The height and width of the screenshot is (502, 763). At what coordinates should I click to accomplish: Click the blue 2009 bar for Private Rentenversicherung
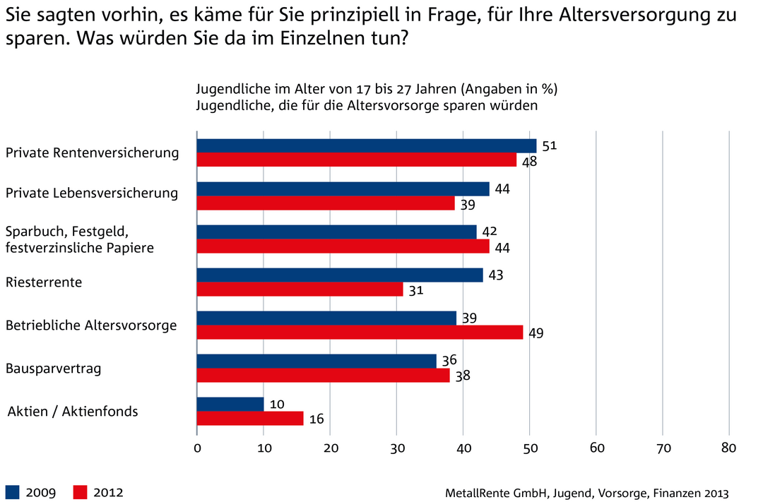366,146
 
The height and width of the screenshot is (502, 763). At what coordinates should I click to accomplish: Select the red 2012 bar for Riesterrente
300,289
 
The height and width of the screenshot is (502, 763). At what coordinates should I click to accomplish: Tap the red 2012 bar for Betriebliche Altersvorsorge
360,333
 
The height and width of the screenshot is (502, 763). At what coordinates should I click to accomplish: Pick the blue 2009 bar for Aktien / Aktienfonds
230,404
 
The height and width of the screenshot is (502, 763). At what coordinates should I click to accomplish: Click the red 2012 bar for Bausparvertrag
323,376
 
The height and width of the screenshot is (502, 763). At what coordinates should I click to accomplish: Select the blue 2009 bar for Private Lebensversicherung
343,189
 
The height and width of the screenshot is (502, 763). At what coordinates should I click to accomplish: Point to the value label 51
550,146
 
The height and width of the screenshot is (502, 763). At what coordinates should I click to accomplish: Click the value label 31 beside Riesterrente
417,290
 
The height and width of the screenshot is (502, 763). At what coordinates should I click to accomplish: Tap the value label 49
536,333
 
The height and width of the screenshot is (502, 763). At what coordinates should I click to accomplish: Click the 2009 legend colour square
12,492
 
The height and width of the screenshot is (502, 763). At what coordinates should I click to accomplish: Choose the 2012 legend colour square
81,492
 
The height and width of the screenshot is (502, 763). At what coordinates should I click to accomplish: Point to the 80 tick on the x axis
728,448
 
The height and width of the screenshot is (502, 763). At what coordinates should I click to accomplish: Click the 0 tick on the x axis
197,448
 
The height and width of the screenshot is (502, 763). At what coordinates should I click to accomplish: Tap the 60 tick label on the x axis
596,448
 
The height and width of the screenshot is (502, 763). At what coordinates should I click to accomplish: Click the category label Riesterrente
44,282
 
